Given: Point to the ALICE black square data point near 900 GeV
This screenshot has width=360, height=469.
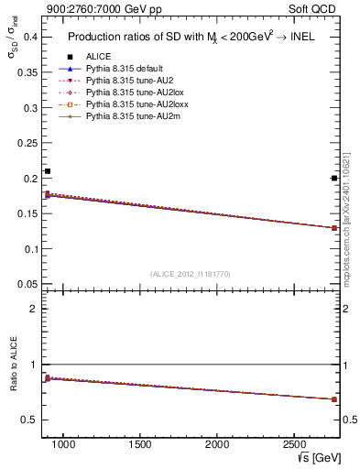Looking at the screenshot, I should click(48, 171).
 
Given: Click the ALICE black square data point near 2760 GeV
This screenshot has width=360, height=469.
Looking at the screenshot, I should click(334, 179).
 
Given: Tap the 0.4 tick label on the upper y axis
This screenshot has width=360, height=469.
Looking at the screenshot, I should click(28, 37).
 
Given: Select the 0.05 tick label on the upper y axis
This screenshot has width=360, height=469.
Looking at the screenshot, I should click(26, 284).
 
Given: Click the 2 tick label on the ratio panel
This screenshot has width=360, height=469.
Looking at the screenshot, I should click(33, 309).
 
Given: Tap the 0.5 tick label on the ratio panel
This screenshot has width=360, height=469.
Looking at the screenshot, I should click(28, 420).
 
